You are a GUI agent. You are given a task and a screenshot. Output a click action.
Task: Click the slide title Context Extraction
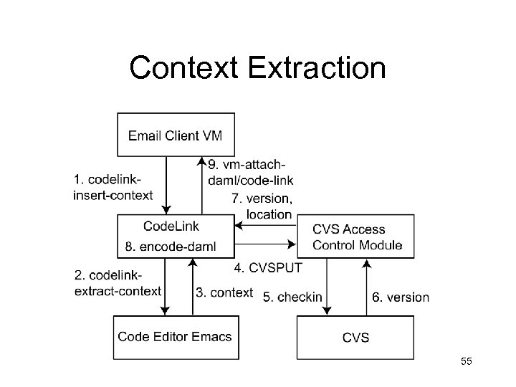click(257, 68)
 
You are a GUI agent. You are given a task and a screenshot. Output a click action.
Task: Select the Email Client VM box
click(176, 134)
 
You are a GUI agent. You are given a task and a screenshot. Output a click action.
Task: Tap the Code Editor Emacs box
click(175, 336)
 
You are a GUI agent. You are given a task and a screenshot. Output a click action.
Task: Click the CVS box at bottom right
click(355, 337)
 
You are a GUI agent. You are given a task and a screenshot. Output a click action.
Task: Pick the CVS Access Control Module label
click(358, 237)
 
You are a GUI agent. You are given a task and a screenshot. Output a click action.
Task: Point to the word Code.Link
click(172, 226)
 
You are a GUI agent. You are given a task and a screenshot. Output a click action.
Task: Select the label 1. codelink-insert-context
click(113, 187)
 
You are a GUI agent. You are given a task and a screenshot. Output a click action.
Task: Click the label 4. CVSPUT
click(269, 268)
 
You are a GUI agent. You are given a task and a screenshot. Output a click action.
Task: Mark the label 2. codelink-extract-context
click(118, 283)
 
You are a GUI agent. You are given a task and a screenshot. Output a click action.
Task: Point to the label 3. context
click(224, 292)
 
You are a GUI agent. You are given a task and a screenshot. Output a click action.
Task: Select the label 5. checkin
click(292, 296)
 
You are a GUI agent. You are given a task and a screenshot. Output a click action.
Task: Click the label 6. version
click(401, 296)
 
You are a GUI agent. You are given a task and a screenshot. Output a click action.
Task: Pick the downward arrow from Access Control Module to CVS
click(327, 287)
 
